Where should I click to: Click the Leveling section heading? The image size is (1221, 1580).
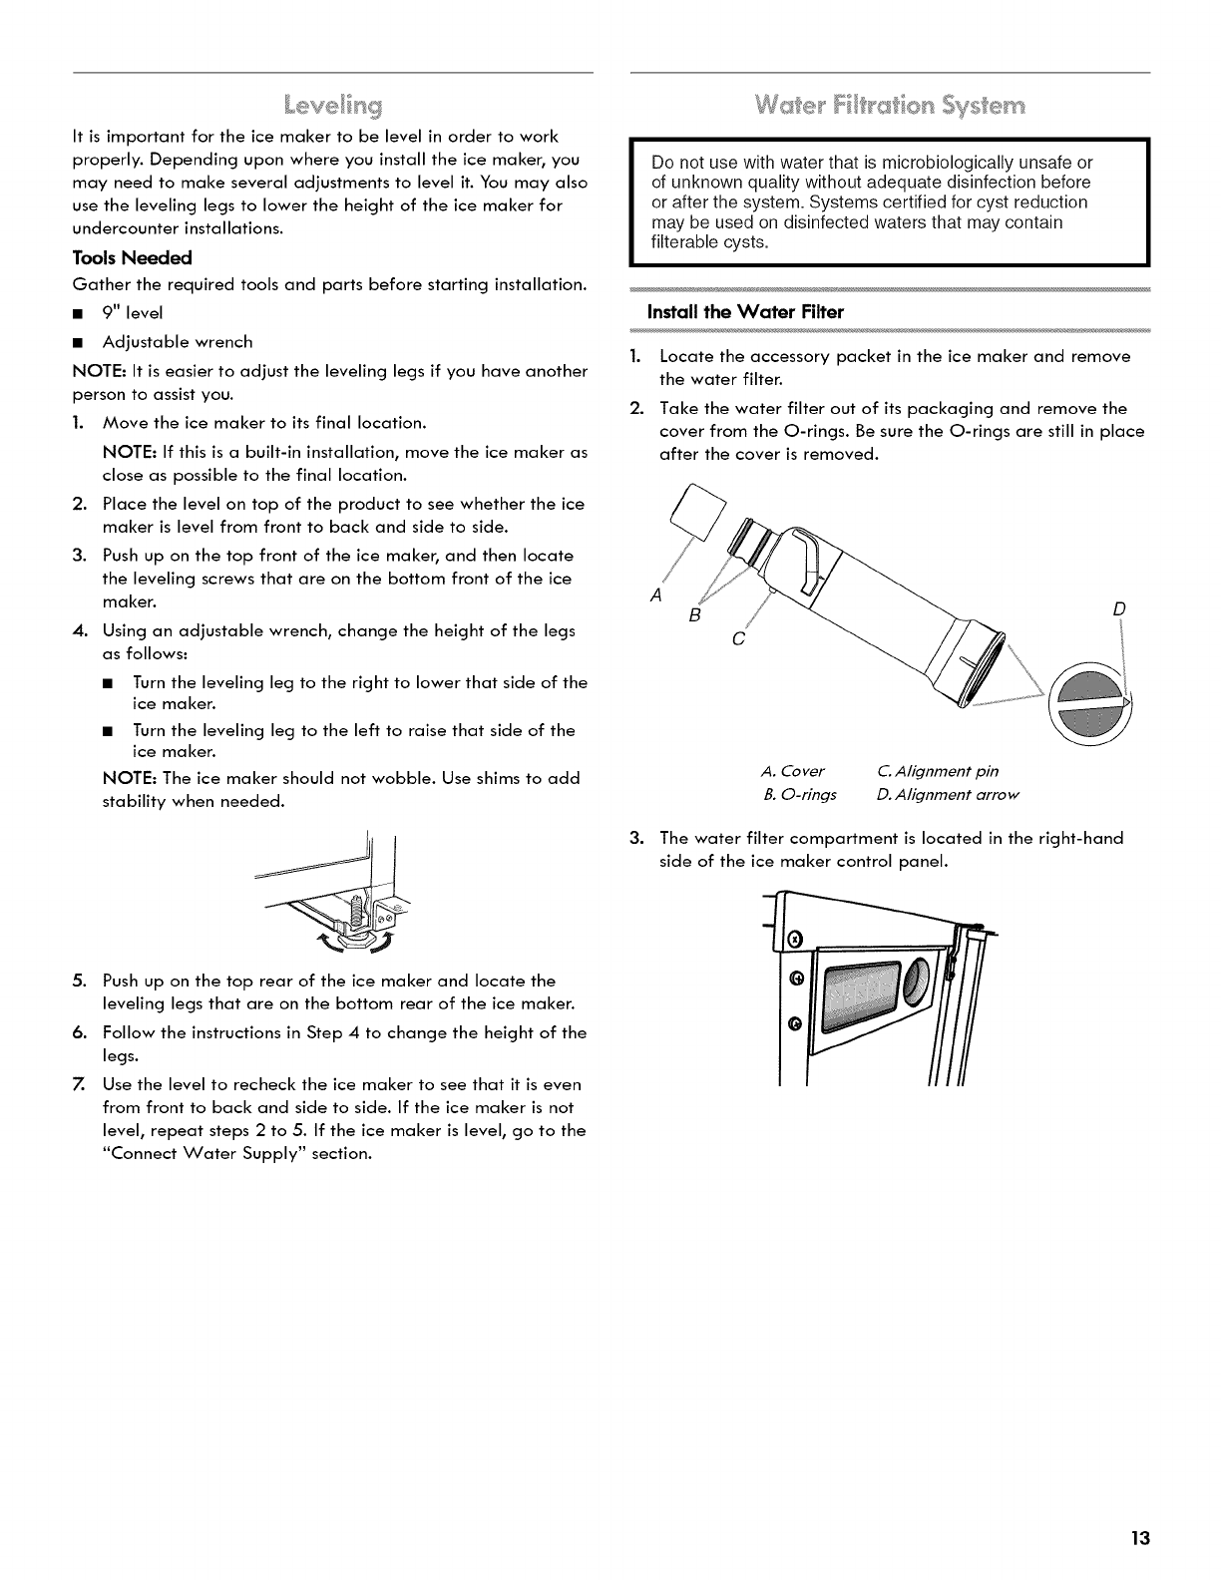click(332, 104)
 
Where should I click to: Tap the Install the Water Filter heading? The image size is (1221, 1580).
click(745, 312)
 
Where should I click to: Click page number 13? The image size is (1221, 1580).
click(1141, 1537)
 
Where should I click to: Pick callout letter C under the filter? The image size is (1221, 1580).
click(737, 638)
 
